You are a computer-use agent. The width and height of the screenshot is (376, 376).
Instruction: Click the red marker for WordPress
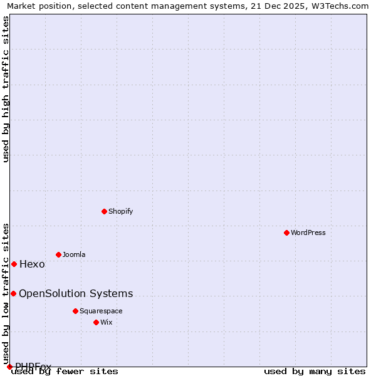pos(286,232)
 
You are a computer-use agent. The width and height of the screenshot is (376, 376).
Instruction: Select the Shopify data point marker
pos(104,211)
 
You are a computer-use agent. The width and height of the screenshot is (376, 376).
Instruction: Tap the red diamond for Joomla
pos(58,254)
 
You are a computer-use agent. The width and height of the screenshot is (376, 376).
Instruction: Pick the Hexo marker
pos(14,264)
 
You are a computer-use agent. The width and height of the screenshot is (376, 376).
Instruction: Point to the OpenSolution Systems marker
pos(13,293)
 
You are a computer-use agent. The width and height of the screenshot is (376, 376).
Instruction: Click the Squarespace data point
pos(75,311)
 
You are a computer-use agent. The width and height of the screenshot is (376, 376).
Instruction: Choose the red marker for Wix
pos(96,322)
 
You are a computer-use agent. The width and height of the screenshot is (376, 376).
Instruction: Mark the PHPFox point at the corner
pos(9,367)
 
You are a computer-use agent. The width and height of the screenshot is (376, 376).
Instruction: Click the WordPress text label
pos(308,232)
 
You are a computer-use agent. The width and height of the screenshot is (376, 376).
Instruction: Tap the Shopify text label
pos(121,211)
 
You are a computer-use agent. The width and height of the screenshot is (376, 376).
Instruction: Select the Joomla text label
pos(74,254)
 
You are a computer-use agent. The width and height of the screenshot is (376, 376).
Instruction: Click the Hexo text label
pos(32,264)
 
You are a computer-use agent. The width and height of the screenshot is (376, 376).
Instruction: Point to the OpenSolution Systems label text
pos(76,293)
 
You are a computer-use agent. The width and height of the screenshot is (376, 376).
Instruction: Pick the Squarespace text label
pos(101,311)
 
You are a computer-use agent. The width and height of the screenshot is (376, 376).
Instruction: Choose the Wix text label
pos(106,322)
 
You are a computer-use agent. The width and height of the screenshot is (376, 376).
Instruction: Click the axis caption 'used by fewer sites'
pos(65,371)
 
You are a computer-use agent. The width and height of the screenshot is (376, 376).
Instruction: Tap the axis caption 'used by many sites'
pos(315,371)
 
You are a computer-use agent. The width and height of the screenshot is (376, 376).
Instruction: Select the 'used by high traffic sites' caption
pos(6,89)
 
